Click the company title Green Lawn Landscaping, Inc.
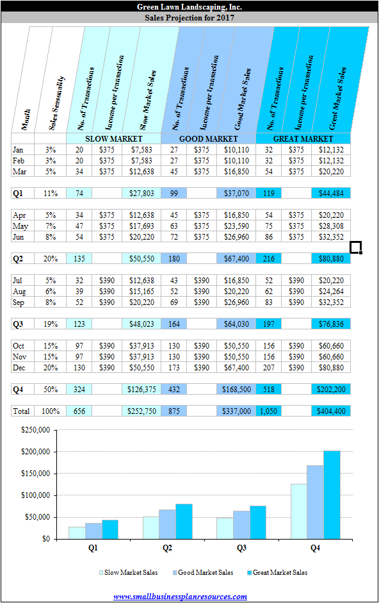point(189,6)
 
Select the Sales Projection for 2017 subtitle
point(189,18)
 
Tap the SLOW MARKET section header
point(114,139)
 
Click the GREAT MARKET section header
point(303,139)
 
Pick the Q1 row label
point(18,194)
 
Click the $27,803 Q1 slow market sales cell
point(141,194)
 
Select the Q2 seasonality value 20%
point(51,259)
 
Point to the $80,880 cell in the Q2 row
point(331,259)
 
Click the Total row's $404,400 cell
point(331,411)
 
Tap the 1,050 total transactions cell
point(268,411)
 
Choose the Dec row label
point(19,368)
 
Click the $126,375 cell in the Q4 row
point(141,390)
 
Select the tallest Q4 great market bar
point(332,495)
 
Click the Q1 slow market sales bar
point(77,533)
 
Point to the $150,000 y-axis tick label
point(35,474)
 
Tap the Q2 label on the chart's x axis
point(167,548)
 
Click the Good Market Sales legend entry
point(202,573)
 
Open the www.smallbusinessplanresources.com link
point(180,597)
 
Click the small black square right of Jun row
point(356,247)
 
